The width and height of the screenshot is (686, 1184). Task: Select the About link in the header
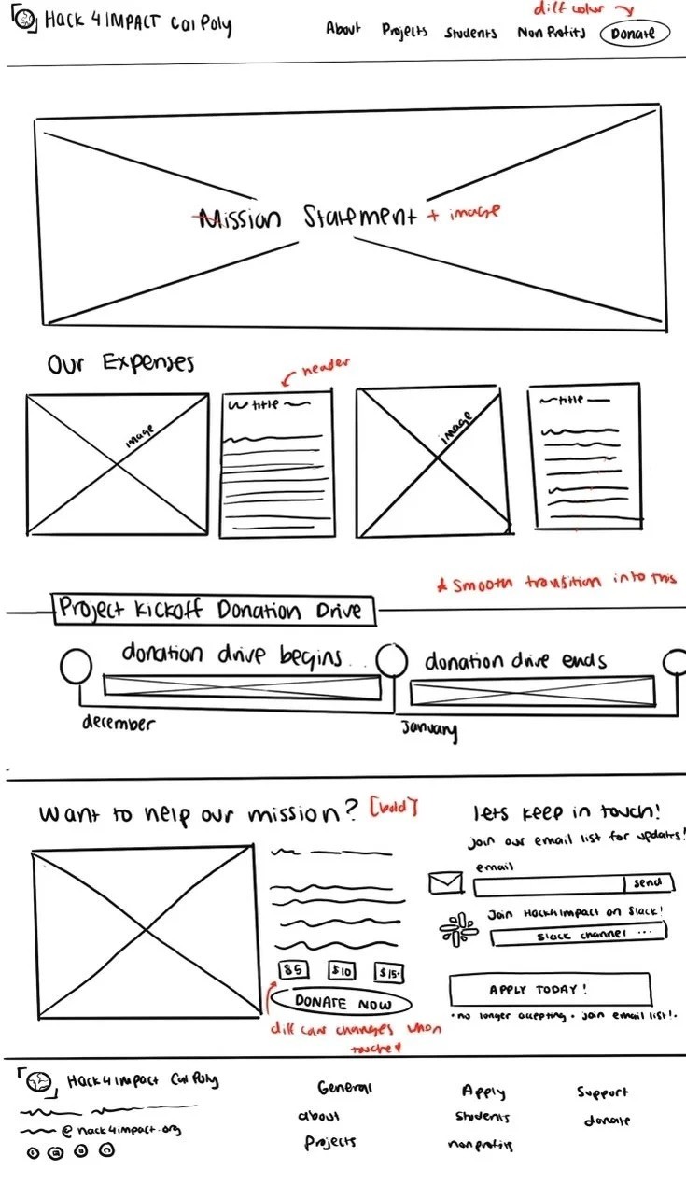click(x=343, y=29)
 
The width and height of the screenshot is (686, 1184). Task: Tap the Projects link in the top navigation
click(x=404, y=31)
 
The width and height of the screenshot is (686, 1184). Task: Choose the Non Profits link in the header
click(x=551, y=33)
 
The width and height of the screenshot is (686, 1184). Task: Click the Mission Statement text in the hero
click(x=308, y=218)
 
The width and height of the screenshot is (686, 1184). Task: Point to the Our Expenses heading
click(x=120, y=362)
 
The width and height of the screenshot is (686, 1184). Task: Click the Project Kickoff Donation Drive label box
click(x=214, y=611)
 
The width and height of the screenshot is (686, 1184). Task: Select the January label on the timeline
click(x=429, y=729)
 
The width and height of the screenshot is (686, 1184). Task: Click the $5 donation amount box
click(x=293, y=969)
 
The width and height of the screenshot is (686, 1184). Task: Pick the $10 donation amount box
click(x=342, y=971)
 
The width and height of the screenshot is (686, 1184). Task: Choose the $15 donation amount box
click(x=389, y=972)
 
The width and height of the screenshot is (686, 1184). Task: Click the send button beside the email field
click(x=648, y=882)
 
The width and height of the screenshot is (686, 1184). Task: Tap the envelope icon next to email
click(x=446, y=882)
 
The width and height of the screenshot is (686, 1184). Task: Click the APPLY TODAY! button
click(x=550, y=990)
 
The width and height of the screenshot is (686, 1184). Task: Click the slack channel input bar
click(x=579, y=934)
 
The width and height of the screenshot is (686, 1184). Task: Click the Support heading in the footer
click(x=602, y=1091)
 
